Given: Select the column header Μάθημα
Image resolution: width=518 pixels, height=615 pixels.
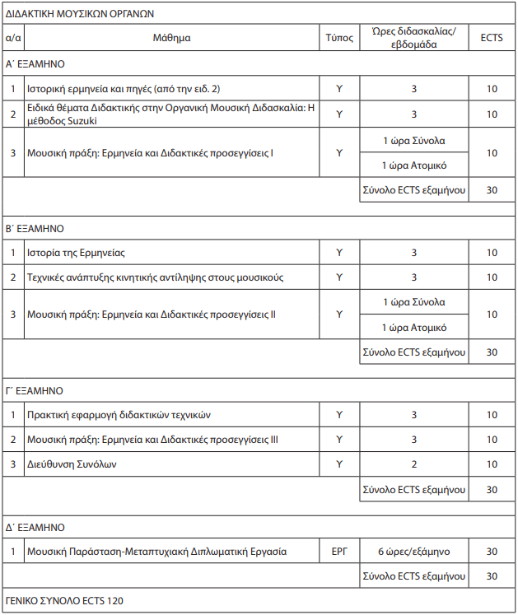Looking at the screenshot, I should (171, 38).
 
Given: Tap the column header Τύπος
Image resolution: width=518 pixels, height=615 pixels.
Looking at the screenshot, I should (339, 38).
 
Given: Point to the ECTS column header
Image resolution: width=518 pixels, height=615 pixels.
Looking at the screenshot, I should (492, 38).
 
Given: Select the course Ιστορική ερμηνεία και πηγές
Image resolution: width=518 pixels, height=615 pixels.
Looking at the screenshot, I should (123, 88).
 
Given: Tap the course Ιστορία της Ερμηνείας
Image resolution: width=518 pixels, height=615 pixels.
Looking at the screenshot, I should (76, 252).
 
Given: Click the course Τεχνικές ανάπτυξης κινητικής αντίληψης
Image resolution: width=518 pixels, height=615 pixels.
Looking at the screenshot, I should (155, 277).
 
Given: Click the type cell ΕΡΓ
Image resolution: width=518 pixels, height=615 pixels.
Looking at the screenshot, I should (339, 552).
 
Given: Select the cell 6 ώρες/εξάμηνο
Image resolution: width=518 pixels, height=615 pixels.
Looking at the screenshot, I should (414, 552).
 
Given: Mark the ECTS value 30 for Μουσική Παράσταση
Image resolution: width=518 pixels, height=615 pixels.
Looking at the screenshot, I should (492, 552).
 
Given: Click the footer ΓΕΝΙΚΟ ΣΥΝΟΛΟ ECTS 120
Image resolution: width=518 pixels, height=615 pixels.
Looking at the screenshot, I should (65, 601).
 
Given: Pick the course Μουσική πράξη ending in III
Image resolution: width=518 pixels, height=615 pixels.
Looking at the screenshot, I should (152, 440).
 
